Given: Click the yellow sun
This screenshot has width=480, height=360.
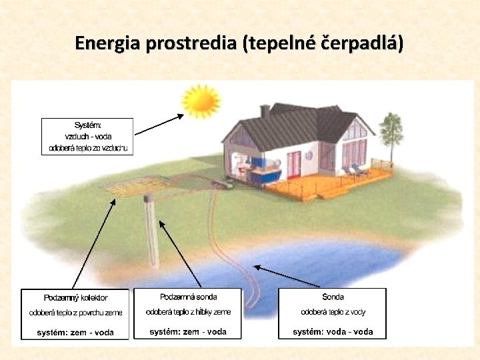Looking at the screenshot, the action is click(x=201, y=100).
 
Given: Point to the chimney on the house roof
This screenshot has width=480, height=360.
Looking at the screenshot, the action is click(x=265, y=111).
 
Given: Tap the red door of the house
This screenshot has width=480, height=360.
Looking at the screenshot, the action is click(x=293, y=164).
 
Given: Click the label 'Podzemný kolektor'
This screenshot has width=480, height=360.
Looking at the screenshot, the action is click(x=76, y=298).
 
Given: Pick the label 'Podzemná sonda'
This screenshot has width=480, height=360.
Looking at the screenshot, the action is click(x=189, y=297).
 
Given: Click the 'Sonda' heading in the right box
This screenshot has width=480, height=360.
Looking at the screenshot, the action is click(x=333, y=297).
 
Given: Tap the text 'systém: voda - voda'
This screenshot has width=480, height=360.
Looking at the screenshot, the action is click(x=333, y=331).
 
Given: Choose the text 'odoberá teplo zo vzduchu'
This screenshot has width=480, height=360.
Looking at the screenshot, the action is click(x=87, y=147).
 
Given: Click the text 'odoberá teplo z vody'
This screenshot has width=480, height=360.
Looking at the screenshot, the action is click(x=333, y=312).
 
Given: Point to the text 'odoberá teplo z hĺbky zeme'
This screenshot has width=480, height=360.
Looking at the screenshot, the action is click(x=189, y=312).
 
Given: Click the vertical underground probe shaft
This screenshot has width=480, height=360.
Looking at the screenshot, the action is click(x=151, y=230).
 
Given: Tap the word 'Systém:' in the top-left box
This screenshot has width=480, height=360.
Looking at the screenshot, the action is click(x=87, y=125).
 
